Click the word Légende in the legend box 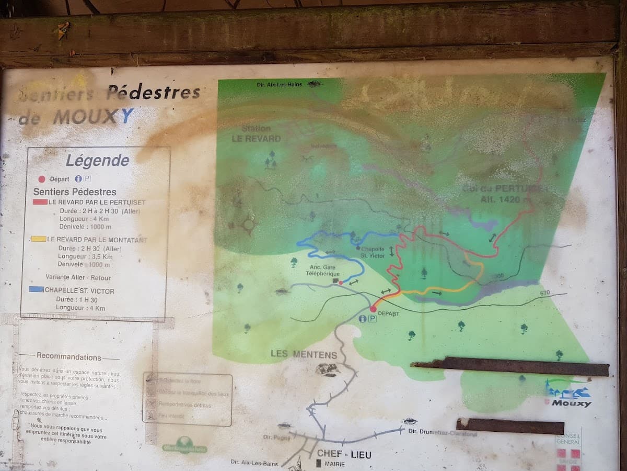pos(97,161)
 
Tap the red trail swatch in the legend pos(40,202)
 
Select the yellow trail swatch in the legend pos(38,239)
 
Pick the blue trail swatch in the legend pos(37,289)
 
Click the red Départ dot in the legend pos(42,179)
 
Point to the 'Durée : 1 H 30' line pos(77,300)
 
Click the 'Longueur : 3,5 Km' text pos(85,256)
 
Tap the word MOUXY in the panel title pos(94,117)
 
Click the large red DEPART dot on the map pos(373,309)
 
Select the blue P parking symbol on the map pos(372,319)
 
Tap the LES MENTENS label pos(304,354)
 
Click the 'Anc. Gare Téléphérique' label pos(322,270)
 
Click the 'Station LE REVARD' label pos(256,134)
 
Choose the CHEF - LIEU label pos(344,455)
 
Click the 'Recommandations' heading pos(69,357)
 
